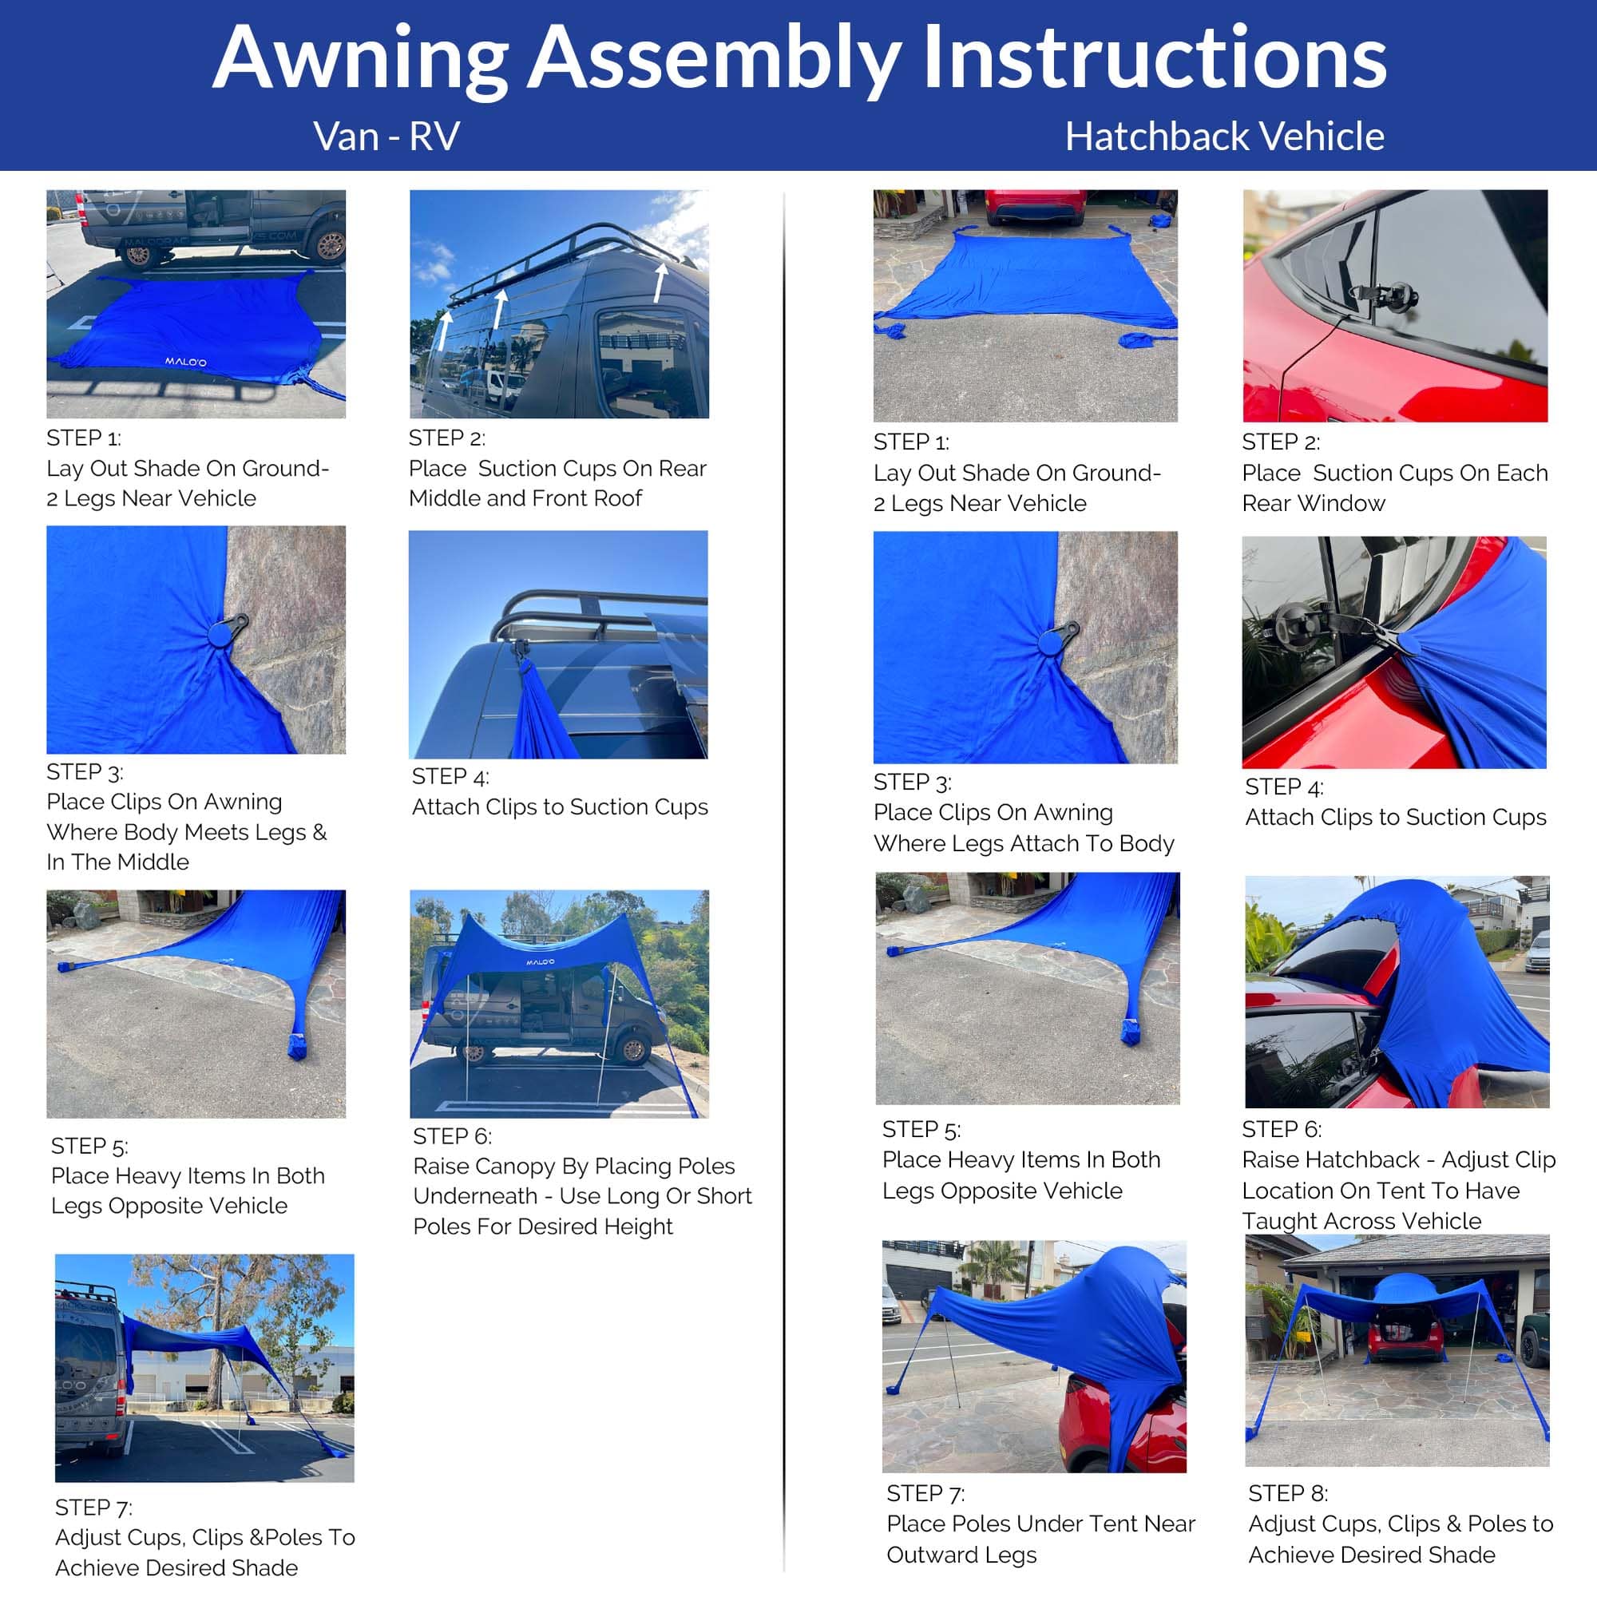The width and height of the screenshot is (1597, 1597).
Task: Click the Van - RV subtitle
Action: (x=386, y=137)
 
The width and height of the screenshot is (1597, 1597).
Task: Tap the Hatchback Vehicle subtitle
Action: (x=1224, y=137)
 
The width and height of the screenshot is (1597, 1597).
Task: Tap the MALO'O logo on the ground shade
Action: (x=185, y=362)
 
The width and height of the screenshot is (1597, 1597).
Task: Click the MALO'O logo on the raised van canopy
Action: (x=541, y=962)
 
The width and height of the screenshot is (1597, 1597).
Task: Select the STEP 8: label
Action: (x=1288, y=1493)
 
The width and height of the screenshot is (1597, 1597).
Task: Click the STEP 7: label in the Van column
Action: (x=93, y=1507)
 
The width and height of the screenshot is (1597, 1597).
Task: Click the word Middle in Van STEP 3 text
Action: (x=157, y=862)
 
